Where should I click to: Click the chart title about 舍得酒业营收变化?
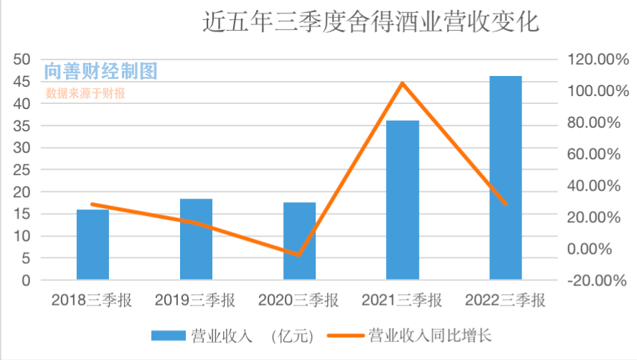pos(370,23)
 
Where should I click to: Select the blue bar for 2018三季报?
pos(93,244)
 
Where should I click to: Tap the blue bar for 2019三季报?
pos(196,239)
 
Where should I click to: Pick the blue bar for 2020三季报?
pos(299,241)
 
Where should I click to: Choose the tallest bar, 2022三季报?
pos(506,177)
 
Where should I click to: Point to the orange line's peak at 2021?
pos(402,83)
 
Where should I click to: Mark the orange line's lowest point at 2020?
pos(299,255)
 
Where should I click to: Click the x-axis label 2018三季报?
pos(92,300)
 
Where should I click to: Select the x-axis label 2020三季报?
pos(298,300)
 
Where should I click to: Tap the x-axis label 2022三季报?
pos(505,300)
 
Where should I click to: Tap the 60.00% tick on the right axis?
pos(593,154)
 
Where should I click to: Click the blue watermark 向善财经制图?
pos(100,71)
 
